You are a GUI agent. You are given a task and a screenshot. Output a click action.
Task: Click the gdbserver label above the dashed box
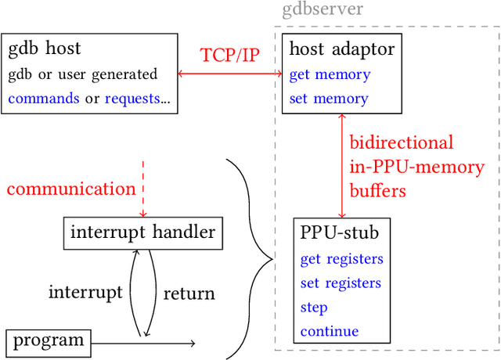322,11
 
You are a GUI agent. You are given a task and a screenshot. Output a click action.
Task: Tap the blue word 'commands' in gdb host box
44,99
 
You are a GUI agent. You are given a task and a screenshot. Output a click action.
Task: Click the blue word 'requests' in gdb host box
131,99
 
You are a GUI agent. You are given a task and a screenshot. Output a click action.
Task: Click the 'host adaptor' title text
342,50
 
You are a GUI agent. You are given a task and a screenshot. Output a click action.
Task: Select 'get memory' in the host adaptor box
330,75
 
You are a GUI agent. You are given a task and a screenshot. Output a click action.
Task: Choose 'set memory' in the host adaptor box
329,99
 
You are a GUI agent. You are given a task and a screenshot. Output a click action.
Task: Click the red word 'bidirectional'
401,143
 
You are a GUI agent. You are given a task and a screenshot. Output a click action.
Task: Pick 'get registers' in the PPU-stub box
341,259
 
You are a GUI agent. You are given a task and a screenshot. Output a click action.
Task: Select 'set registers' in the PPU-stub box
341,283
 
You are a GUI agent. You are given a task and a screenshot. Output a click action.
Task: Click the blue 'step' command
314,307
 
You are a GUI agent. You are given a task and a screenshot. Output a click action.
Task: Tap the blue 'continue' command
330,330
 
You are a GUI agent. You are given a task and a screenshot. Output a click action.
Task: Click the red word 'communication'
71,189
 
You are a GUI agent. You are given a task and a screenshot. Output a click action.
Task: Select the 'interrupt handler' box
142,232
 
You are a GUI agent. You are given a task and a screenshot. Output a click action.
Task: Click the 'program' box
49,340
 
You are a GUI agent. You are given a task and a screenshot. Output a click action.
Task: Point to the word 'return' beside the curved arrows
189,294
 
